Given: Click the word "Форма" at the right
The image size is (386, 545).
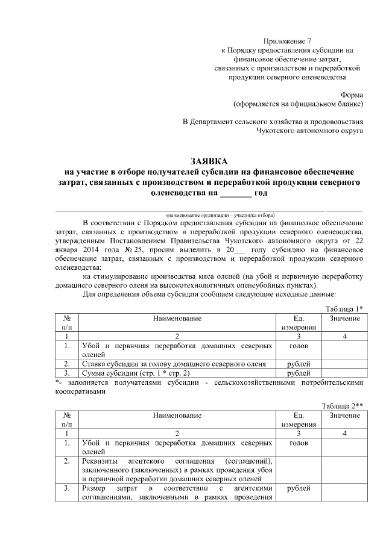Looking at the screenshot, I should [x=352, y=95].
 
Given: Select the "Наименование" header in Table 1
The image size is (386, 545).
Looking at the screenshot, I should [x=176, y=317].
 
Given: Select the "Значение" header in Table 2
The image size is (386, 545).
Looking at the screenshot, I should [x=344, y=415].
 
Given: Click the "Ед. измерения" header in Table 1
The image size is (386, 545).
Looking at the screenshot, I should [x=299, y=322].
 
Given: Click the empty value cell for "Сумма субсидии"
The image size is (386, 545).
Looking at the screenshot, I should [x=344, y=373].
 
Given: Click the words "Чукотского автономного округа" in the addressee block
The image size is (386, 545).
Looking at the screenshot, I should [x=309, y=130].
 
